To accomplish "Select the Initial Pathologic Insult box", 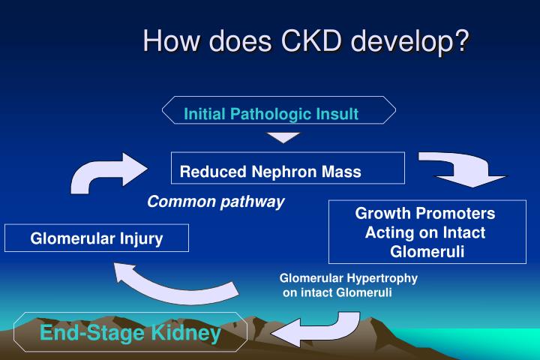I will coord(279,114).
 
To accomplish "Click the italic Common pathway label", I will coord(215,202).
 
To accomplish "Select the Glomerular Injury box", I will coord(97,238).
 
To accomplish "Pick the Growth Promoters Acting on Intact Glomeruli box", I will coord(424,232).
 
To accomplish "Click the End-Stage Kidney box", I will coord(130,333).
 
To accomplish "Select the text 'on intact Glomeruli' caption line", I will coord(337,292).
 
